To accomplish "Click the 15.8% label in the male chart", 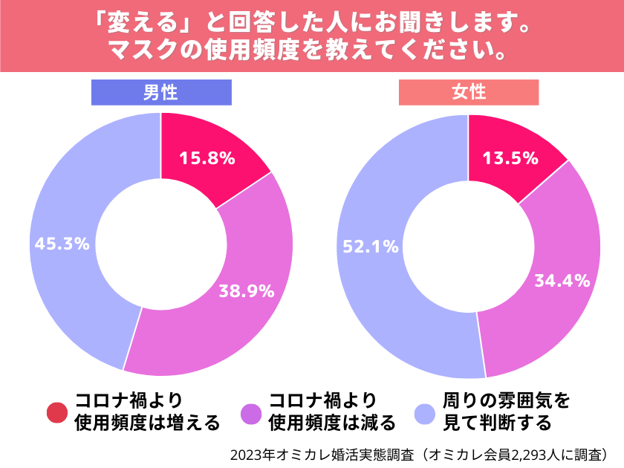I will click(207, 157).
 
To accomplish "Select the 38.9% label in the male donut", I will click(247, 290).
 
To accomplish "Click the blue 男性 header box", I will click(161, 92).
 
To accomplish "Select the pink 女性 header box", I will click(469, 92).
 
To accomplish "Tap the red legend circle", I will click(56, 413).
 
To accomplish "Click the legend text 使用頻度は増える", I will click(147, 423).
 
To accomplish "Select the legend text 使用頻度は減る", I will click(331, 423).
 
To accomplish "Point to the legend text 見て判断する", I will click(497, 423).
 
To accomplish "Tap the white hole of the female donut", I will click(469, 245).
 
